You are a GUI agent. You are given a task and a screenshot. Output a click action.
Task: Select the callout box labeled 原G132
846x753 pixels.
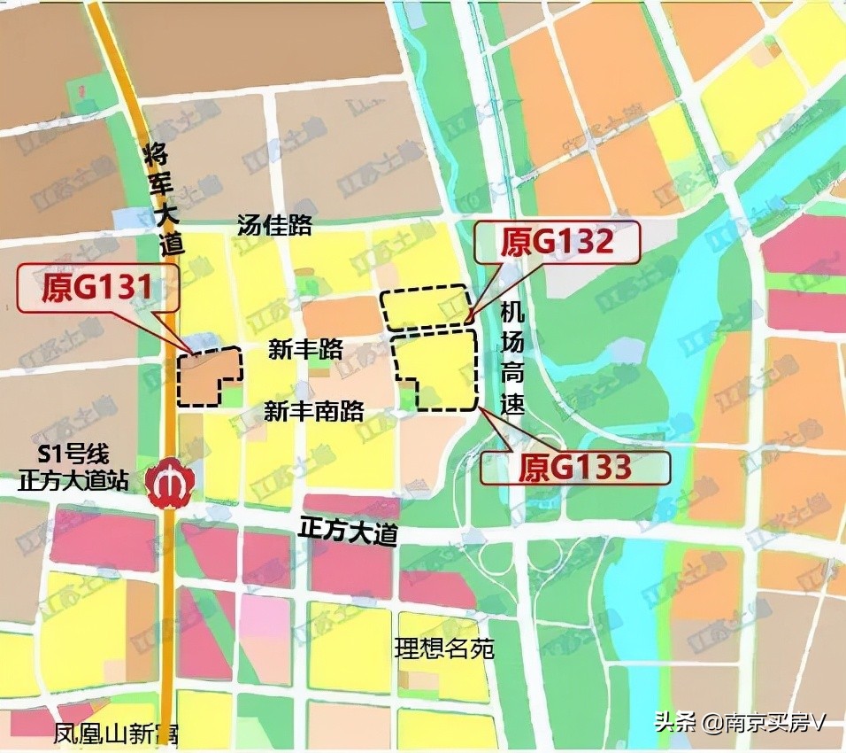point(557,242)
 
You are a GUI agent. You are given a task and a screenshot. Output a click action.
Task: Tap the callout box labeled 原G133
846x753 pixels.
point(574,466)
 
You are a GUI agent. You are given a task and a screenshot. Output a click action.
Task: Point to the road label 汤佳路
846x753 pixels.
point(274,225)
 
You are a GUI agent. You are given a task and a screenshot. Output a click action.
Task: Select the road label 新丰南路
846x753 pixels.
point(314,410)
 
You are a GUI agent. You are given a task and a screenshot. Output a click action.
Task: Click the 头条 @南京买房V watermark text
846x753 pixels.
point(739,722)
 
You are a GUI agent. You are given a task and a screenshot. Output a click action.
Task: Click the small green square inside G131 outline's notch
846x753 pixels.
point(232,395)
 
